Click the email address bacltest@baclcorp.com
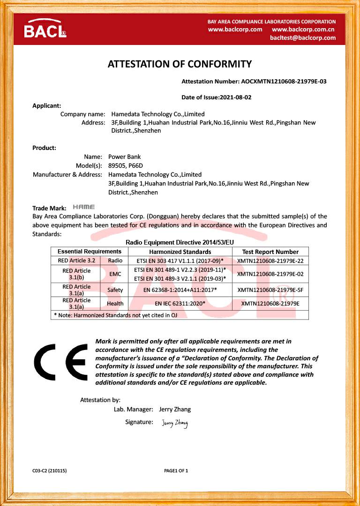(303, 38)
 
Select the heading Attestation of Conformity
(180, 64)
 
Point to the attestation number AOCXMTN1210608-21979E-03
(284, 82)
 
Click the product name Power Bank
(124, 157)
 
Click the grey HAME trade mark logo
(84, 207)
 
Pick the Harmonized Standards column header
(180, 252)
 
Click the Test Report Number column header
(270, 252)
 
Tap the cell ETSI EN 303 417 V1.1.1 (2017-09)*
(180, 260)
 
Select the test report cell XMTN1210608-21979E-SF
(270, 290)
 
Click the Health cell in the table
(115, 304)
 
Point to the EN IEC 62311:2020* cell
(180, 304)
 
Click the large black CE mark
(60, 362)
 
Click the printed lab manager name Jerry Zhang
(175, 409)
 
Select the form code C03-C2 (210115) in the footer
(49, 470)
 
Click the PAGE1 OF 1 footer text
(176, 470)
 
